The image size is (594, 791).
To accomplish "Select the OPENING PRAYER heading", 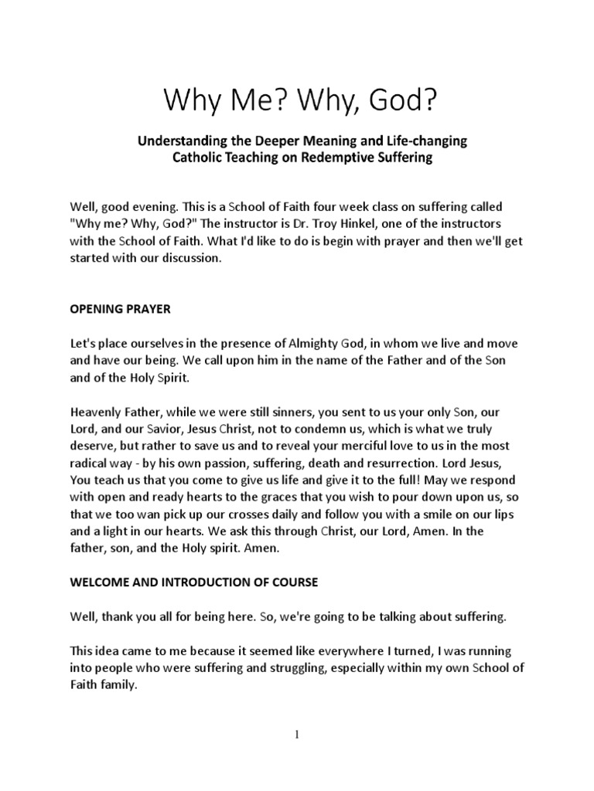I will pos(119,309).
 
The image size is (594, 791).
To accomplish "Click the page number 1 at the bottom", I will pos(297,735).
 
